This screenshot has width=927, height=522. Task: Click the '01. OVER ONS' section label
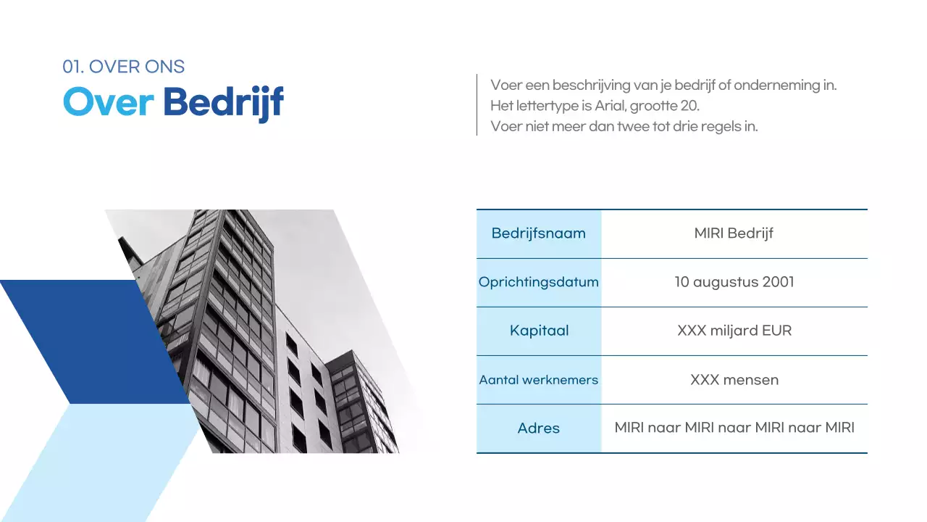123,67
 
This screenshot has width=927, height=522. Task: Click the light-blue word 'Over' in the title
108,103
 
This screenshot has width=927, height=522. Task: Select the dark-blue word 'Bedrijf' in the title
223,104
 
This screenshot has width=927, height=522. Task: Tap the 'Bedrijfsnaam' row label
538,233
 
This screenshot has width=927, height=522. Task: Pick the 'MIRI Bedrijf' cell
734,233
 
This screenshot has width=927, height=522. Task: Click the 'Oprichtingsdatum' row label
538,282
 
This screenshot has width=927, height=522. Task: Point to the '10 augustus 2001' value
734,282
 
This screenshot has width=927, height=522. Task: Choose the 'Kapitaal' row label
539,331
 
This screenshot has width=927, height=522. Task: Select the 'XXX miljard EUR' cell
734,331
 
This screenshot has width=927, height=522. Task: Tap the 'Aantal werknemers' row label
538,379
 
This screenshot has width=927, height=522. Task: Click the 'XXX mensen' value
734,379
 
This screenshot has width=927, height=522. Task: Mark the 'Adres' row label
538,428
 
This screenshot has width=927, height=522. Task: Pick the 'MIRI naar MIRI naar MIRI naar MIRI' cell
734,428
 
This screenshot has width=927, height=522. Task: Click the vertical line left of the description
477,104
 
